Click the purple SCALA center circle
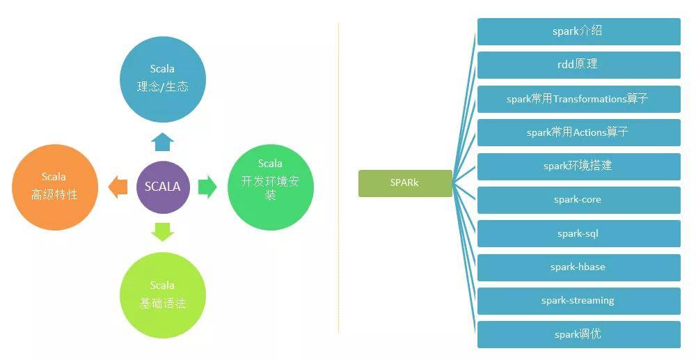point(163,187)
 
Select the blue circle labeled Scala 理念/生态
point(163,79)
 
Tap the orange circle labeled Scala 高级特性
point(54,187)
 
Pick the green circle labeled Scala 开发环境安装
point(271,187)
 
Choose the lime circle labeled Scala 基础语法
point(163,295)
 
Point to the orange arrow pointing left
point(118,187)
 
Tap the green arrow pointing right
point(207,187)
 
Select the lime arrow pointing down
point(162,232)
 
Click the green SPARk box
point(405,183)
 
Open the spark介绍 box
point(579,31)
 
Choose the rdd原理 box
point(579,65)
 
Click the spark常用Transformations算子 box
point(579,99)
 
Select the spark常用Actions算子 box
point(579,132)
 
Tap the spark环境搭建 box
point(579,166)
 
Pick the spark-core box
point(579,200)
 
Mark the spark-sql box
point(579,233)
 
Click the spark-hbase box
point(579,267)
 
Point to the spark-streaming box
point(579,301)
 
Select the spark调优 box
point(579,335)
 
